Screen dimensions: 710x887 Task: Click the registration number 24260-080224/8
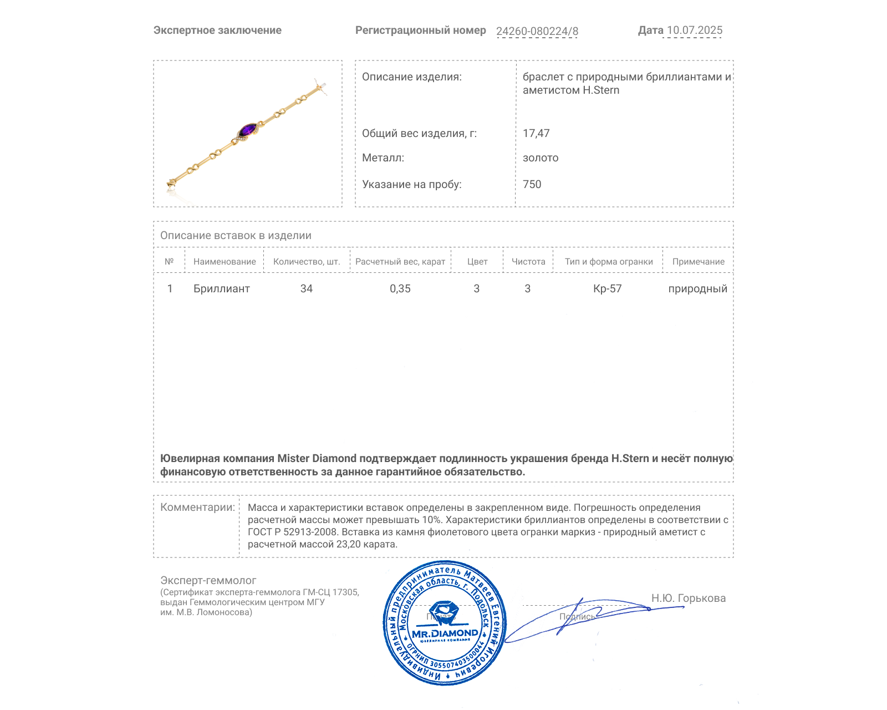pos(537,31)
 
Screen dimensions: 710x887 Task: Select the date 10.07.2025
pos(694,31)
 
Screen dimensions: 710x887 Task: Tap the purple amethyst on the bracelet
pos(247,131)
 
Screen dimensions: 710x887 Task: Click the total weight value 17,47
pos(536,133)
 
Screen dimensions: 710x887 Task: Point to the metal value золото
pos(541,158)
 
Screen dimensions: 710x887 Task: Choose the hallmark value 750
pos(532,184)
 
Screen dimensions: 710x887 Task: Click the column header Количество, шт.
pos(307,261)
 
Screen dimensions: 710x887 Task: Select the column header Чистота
pos(528,261)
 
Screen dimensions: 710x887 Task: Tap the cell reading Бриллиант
pos(221,288)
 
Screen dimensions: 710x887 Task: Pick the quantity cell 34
pos(307,288)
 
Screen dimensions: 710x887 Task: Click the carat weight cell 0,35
pos(400,288)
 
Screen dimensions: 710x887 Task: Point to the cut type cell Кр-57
pos(608,288)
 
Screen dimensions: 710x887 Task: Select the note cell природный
pos(697,288)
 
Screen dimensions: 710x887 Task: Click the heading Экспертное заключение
pos(217,31)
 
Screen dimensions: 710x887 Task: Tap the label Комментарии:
pos(197,507)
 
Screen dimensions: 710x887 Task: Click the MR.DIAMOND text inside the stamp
pos(445,633)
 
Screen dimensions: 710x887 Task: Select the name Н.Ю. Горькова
pos(688,598)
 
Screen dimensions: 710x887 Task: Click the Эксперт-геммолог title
pos(208,580)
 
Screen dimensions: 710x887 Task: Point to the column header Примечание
pos(698,261)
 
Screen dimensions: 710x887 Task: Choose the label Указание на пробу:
pos(411,184)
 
